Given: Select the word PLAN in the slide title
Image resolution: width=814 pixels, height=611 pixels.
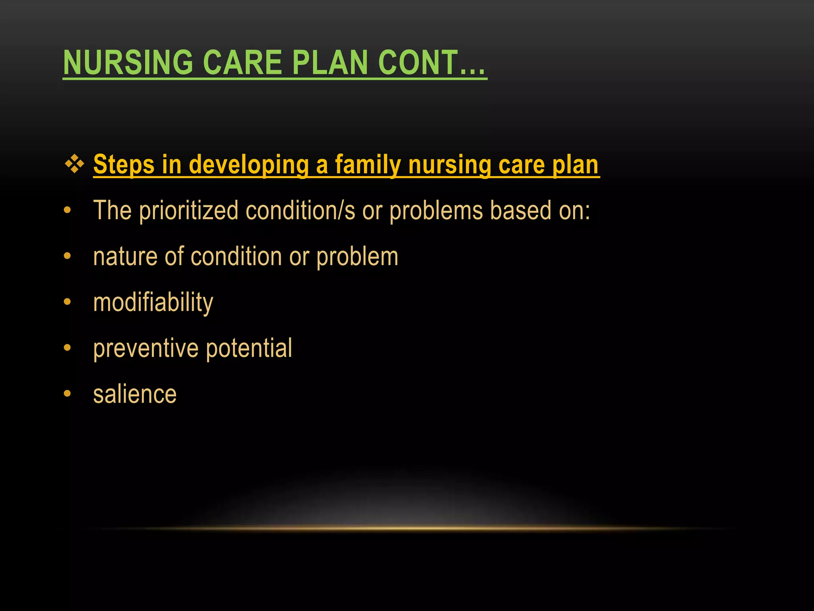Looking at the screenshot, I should (x=330, y=63).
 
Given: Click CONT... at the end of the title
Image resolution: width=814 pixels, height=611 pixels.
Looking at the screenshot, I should (x=432, y=63).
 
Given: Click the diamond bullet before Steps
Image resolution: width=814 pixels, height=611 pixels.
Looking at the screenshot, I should (x=74, y=164).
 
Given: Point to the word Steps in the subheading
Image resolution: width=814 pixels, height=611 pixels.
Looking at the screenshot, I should (x=124, y=165).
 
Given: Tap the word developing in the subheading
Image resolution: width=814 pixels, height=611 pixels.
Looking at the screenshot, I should (x=249, y=165).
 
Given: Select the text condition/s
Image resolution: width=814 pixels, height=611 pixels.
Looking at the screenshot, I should (x=300, y=210).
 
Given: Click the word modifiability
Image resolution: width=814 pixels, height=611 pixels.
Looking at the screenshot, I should (x=153, y=303).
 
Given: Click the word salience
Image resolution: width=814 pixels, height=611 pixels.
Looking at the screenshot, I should (x=135, y=395).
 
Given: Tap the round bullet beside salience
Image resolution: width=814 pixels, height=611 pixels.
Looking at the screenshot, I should (x=67, y=394).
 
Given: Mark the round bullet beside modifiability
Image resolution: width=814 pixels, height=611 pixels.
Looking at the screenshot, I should (x=67, y=302).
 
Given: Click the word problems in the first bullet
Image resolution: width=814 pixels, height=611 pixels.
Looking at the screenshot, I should (x=436, y=210).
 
